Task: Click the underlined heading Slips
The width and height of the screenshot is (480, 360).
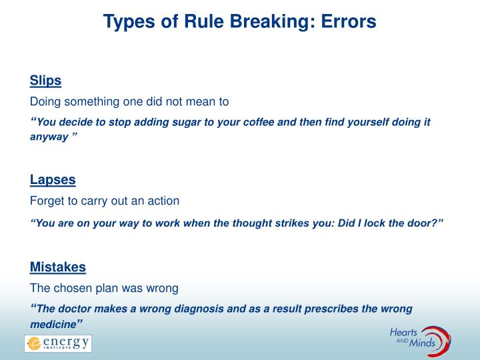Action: pos(45,81)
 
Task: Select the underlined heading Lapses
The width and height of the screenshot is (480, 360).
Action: pos(53,179)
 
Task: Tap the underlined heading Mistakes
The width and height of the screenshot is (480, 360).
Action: pos(58,267)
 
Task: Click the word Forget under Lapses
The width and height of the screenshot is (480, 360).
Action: pos(46,201)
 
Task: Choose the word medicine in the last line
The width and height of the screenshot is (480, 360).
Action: pos(53,324)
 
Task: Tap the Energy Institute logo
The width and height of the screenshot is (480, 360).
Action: pos(58,344)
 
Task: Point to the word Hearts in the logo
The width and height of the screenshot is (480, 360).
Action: pos(404,331)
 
